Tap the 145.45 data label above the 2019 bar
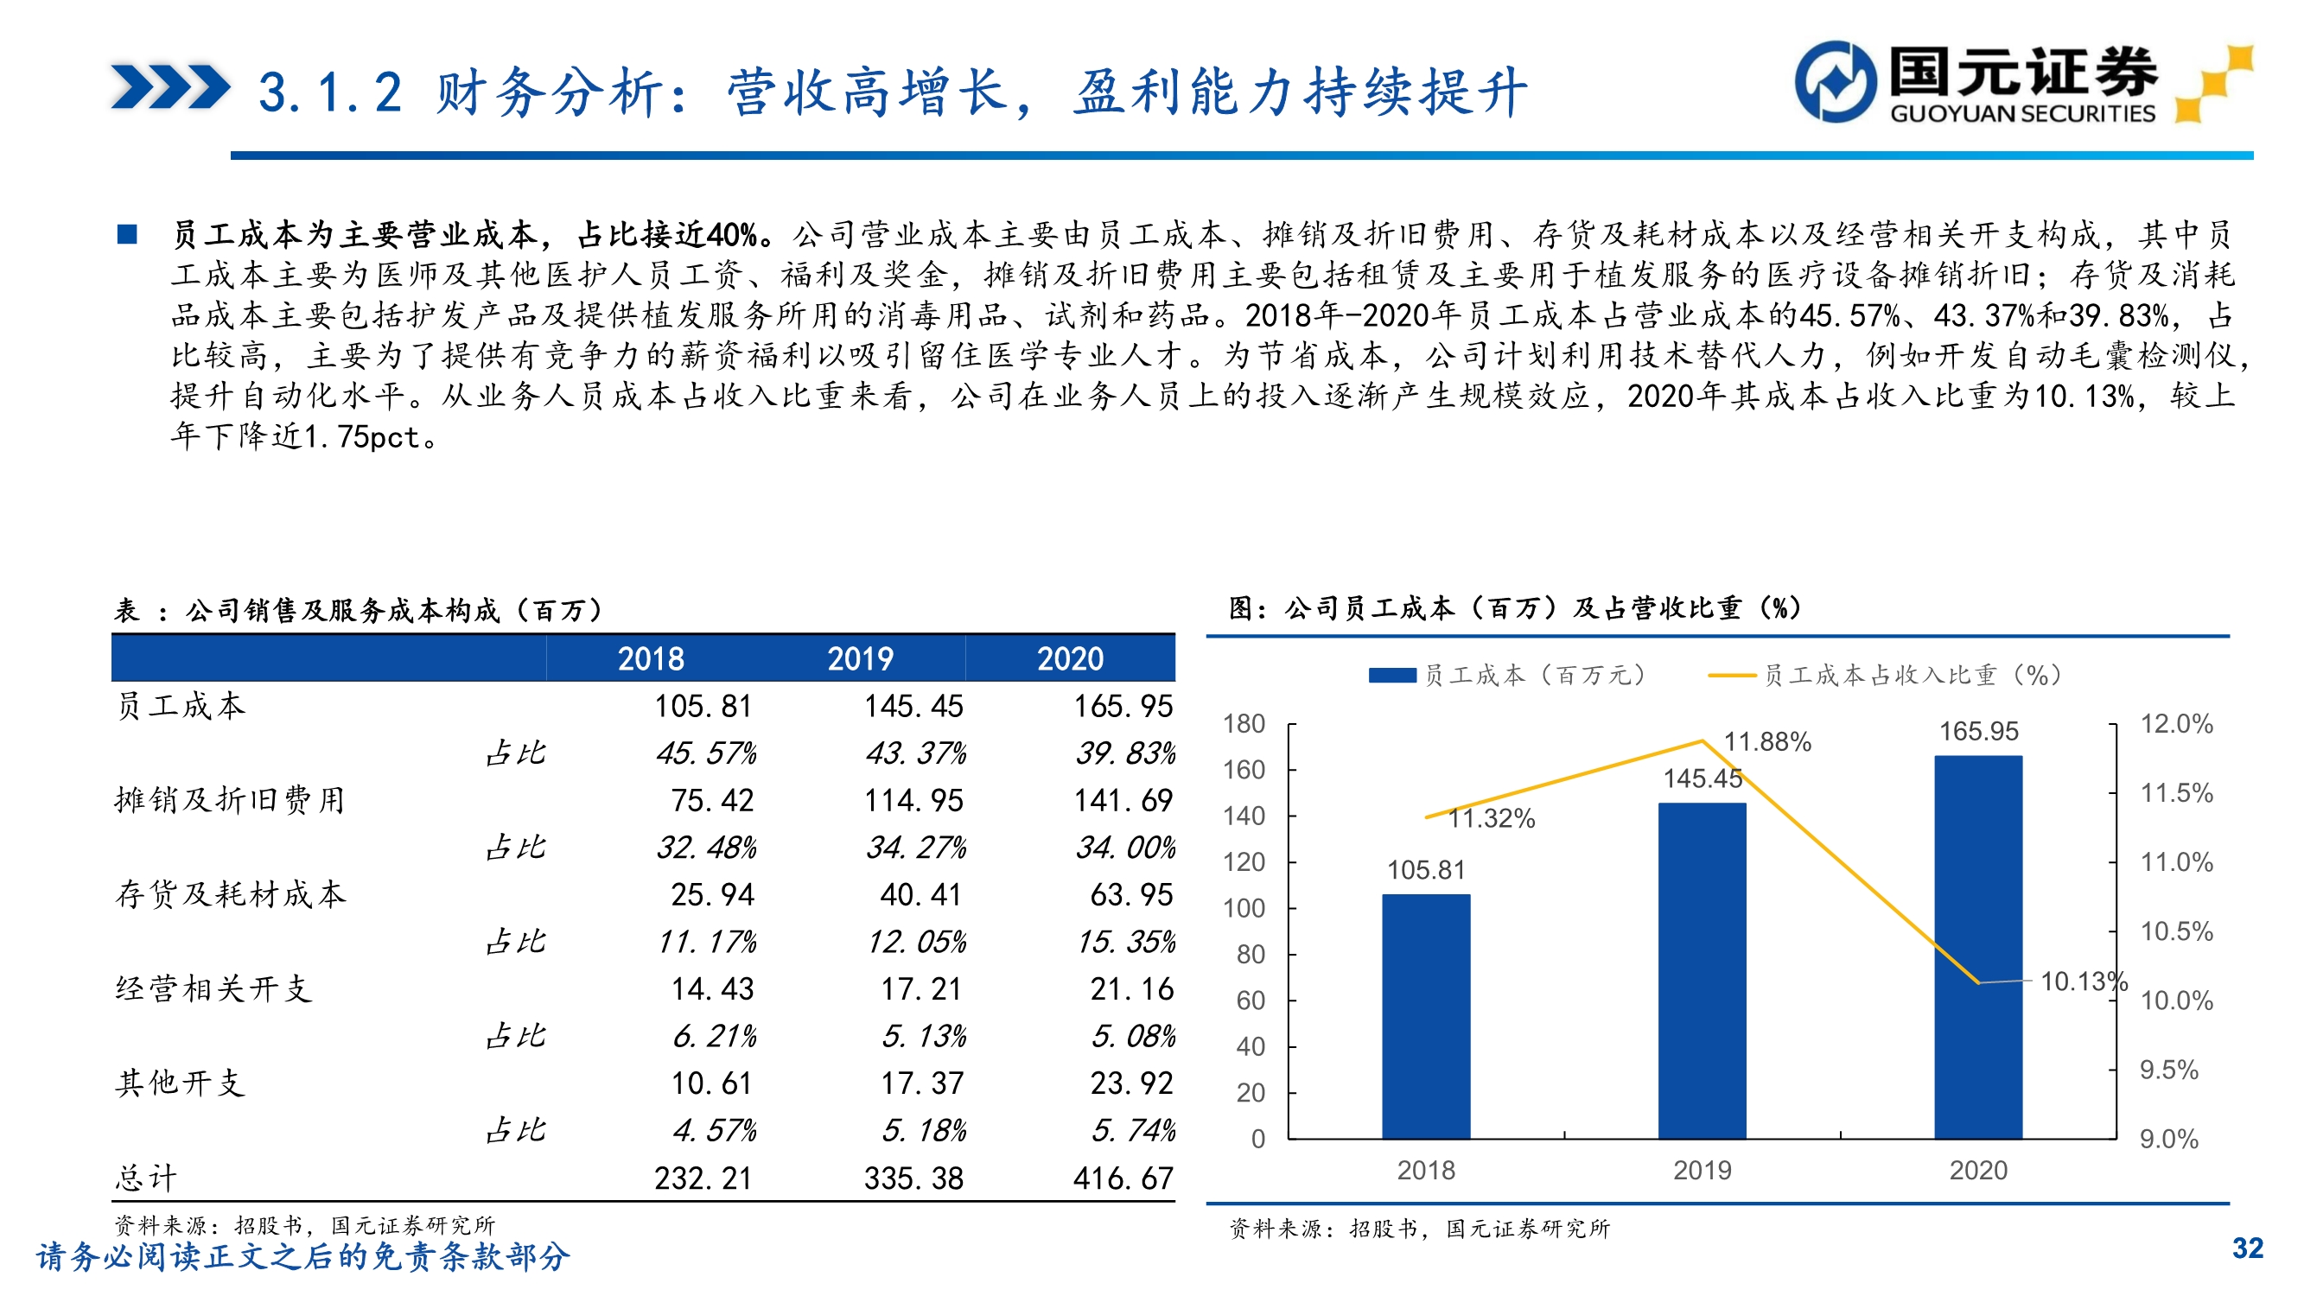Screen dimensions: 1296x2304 pos(1702,778)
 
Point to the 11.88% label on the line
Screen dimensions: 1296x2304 pos(1766,741)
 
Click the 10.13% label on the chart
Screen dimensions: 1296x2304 pos(2082,982)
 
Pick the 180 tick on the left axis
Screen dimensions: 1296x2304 pos(1244,723)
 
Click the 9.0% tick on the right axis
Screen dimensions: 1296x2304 pos(2168,1139)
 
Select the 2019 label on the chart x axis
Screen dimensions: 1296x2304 pos(1701,1170)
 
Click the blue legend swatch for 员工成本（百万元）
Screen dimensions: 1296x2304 pos(1391,676)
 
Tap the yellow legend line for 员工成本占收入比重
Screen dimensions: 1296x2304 pos(1732,676)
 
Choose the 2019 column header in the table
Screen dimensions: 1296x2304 pos(860,659)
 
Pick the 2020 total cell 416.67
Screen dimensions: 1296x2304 pos(1123,1178)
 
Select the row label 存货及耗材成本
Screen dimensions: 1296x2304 pos(230,894)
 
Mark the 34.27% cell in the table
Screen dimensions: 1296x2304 pos(915,847)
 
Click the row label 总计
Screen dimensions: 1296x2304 pos(147,1178)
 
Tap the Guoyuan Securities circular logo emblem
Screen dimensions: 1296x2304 pos(1836,81)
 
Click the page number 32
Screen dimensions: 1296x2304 pos(2247,1248)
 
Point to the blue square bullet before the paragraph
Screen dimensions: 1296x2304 pos(127,234)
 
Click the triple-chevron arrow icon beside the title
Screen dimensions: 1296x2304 pos(170,86)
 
